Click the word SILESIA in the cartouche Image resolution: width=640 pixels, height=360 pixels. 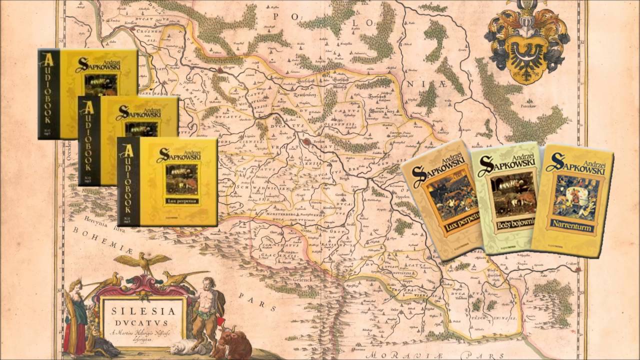[143, 311]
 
